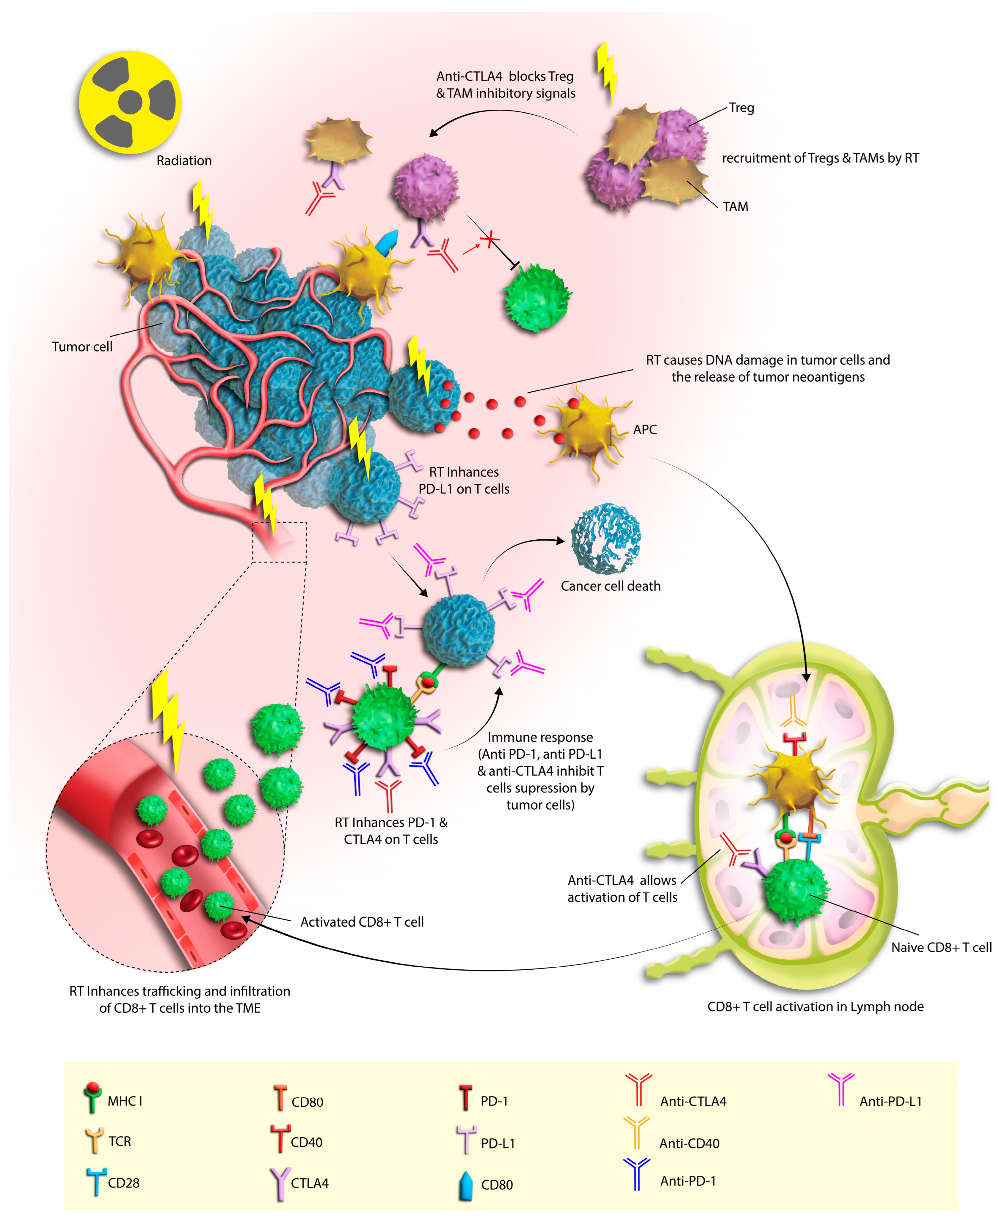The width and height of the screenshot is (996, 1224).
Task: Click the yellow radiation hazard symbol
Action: (130, 102)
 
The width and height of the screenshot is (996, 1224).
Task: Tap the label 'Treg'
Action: (741, 108)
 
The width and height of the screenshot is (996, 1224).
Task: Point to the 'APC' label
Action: (645, 429)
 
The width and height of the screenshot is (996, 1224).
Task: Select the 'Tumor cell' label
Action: (82, 347)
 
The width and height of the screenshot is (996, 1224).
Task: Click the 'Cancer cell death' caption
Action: (611, 586)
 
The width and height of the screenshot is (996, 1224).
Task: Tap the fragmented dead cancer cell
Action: (605, 539)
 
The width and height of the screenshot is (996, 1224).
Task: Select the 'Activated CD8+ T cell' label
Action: (362, 922)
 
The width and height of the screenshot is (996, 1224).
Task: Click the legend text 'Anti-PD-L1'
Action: (890, 1101)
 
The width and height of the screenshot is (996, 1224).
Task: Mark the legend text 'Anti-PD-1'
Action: (688, 1181)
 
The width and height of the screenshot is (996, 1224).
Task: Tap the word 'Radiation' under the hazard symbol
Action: (184, 160)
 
